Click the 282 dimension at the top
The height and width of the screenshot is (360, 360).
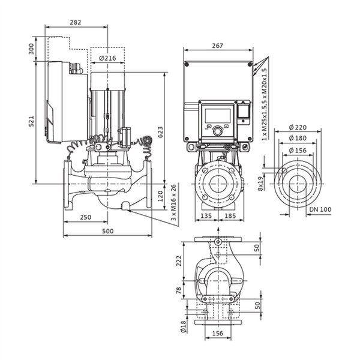(76, 22)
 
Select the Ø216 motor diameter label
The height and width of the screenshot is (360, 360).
(107, 58)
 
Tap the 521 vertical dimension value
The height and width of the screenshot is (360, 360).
(31, 121)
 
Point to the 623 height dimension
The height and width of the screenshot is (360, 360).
(160, 132)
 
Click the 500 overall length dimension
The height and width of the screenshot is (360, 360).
(107, 231)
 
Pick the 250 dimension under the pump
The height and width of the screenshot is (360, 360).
(86, 217)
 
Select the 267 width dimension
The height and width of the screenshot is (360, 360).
(217, 46)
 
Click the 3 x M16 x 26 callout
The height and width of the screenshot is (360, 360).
(173, 202)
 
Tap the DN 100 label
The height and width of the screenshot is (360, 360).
(320, 209)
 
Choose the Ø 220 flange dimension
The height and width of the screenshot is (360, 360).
(298, 127)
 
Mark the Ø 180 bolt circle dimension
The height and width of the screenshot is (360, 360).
(298, 138)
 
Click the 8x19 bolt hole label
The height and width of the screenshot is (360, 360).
(260, 184)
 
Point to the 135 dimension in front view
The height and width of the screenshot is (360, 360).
(206, 216)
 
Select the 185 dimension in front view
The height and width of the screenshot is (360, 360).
(230, 216)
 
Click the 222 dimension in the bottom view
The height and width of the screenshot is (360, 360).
(179, 261)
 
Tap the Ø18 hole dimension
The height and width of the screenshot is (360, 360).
(183, 326)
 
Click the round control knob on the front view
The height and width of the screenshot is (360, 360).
(217, 131)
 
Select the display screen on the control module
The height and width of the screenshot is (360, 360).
(218, 116)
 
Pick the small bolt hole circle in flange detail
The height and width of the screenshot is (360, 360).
(284, 170)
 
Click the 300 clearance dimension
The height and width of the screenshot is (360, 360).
(31, 49)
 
